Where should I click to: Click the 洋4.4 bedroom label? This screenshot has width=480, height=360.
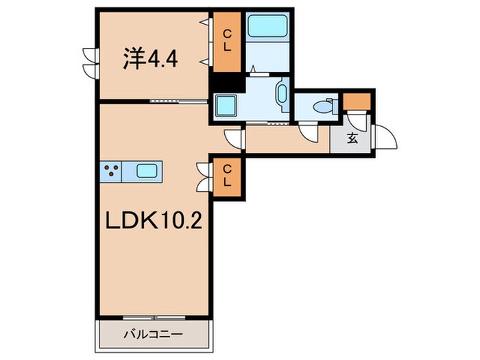click(151, 60)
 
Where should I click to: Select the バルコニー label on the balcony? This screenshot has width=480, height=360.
click(153, 335)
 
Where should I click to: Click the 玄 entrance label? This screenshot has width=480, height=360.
click(352, 139)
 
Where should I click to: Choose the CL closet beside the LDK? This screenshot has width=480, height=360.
click(225, 177)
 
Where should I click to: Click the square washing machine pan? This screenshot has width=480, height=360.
click(226, 106)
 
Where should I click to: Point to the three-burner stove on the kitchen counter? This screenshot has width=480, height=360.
click(112, 171)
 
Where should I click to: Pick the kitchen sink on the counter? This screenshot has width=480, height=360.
click(147, 171)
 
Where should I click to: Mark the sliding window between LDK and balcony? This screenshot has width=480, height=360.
click(154, 317)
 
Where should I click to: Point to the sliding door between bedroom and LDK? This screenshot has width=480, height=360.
click(177, 101)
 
